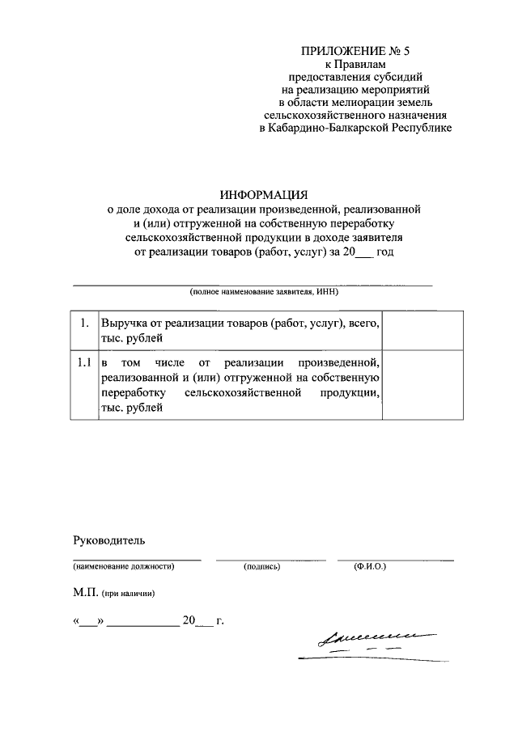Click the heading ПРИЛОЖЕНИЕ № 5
(356, 51)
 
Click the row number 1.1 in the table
(83, 363)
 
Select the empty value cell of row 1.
(422, 330)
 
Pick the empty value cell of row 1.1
(422, 385)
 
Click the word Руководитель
(108, 539)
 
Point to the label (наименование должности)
(124, 567)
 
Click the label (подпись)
(261, 567)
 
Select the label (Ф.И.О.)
(370, 567)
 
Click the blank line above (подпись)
(270, 558)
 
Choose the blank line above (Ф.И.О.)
(395, 558)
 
